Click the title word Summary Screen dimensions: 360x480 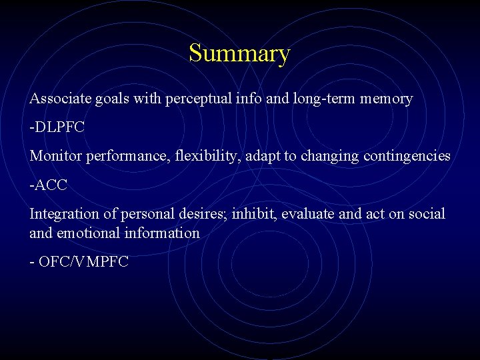[x=239, y=53]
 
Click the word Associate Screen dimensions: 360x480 [x=56, y=99]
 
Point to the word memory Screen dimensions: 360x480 [x=387, y=99]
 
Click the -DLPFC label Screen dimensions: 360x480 [x=57, y=127]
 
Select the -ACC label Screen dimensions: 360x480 [x=49, y=185]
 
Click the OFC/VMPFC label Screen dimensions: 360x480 [x=83, y=262]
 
